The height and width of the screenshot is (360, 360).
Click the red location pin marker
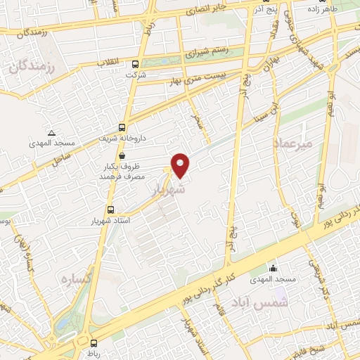click(x=181, y=165)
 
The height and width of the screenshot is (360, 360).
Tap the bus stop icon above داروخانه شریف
click(x=122, y=127)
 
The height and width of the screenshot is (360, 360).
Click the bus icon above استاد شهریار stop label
click(x=110, y=210)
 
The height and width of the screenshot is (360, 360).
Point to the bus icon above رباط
click(x=94, y=342)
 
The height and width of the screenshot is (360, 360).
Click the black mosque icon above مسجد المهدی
click(x=274, y=269)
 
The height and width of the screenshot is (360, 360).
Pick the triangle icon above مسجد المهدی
click(x=51, y=132)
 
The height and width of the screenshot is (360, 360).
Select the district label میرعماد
click(x=295, y=143)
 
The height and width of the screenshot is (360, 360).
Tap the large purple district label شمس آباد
click(x=264, y=302)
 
